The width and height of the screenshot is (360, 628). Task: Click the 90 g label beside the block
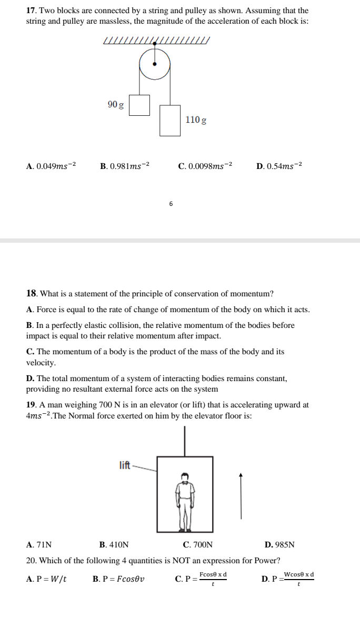(116, 105)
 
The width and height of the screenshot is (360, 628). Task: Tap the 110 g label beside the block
(196, 120)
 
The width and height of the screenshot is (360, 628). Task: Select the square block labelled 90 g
(139, 105)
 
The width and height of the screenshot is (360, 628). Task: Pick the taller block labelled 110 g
(170, 121)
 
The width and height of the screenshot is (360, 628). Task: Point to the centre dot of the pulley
(155, 64)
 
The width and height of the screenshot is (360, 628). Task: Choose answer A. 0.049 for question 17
(51, 166)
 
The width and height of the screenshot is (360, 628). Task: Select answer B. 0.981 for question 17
(125, 166)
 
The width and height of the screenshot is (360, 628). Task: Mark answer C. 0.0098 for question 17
(205, 166)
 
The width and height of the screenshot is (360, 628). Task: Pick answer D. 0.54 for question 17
(279, 166)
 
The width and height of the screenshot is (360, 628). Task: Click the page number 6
(171, 203)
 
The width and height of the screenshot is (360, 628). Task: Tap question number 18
(31, 293)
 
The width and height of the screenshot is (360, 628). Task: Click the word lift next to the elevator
(125, 465)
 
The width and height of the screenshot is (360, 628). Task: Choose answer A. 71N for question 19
(39, 545)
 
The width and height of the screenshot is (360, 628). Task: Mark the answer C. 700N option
(198, 545)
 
